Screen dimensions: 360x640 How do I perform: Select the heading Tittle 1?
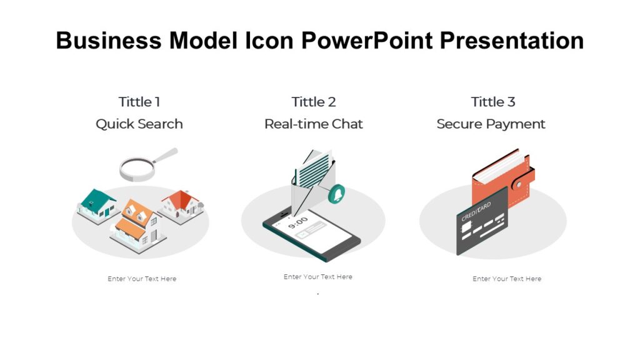point(139,102)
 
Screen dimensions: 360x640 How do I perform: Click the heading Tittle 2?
point(314,102)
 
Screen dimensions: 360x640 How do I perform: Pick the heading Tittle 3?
point(493,102)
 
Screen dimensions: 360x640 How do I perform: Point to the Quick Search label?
point(139,124)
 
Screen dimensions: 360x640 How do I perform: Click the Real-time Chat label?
point(314,124)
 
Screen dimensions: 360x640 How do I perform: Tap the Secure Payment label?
point(491,124)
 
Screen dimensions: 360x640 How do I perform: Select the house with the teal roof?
point(97,204)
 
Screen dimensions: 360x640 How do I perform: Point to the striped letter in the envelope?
point(312,167)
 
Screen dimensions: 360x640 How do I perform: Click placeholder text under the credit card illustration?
point(507,279)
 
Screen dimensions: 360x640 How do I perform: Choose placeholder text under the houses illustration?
point(142,279)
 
